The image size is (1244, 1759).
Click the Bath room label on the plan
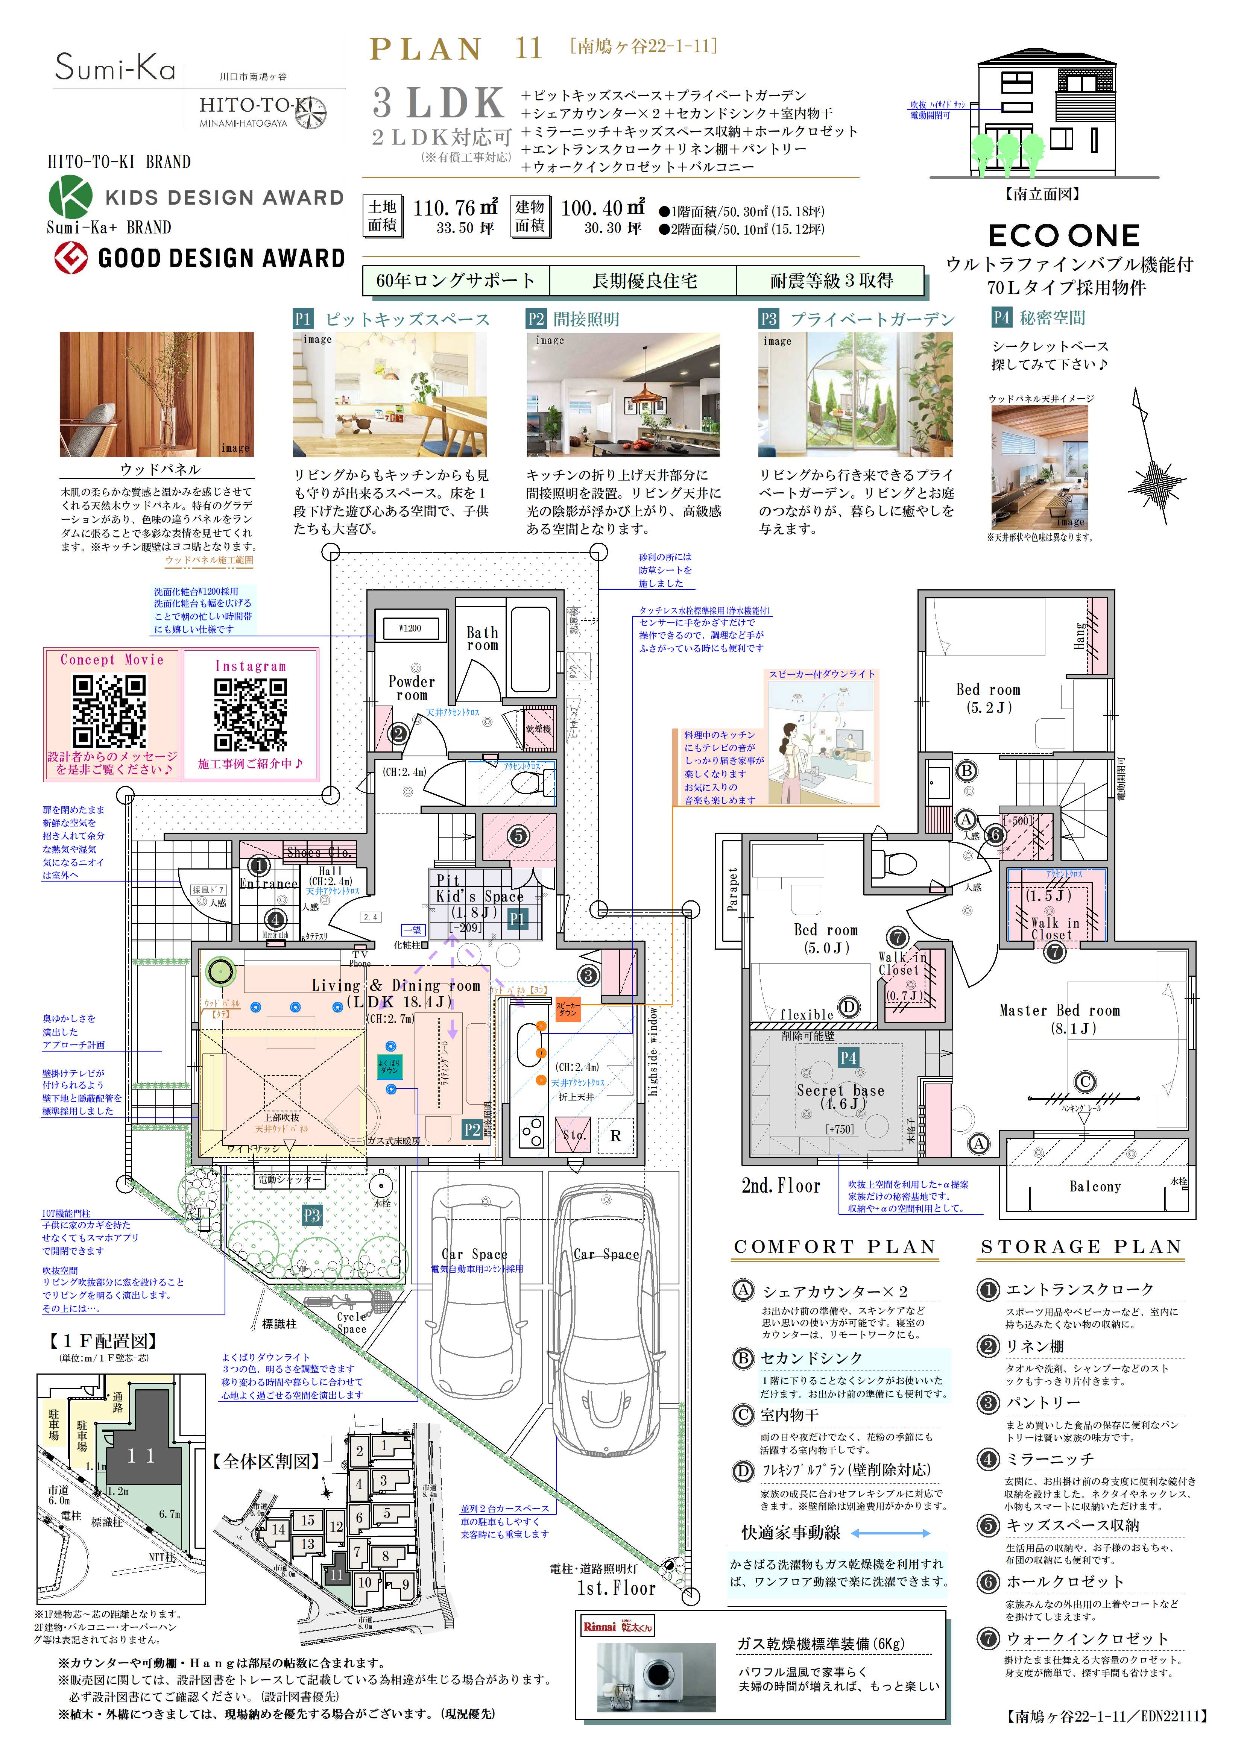point(482,638)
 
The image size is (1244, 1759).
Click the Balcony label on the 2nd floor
point(1095,1186)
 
